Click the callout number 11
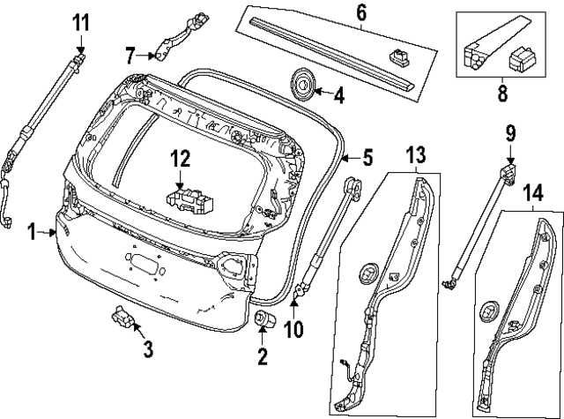click(x=80, y=20)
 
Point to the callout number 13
click(x=415, y=154)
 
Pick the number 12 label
click(x=180, y=158)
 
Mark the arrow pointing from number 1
click(x=48, y=232)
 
